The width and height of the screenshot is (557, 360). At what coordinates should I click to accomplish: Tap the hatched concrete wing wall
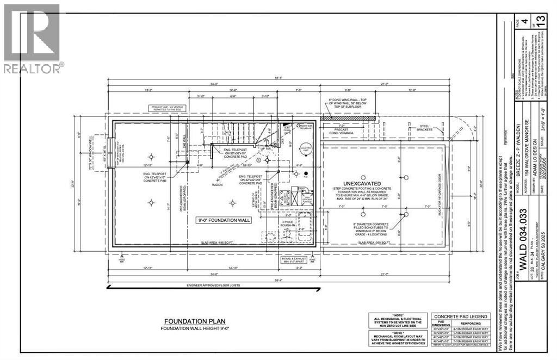click(348, 117)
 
